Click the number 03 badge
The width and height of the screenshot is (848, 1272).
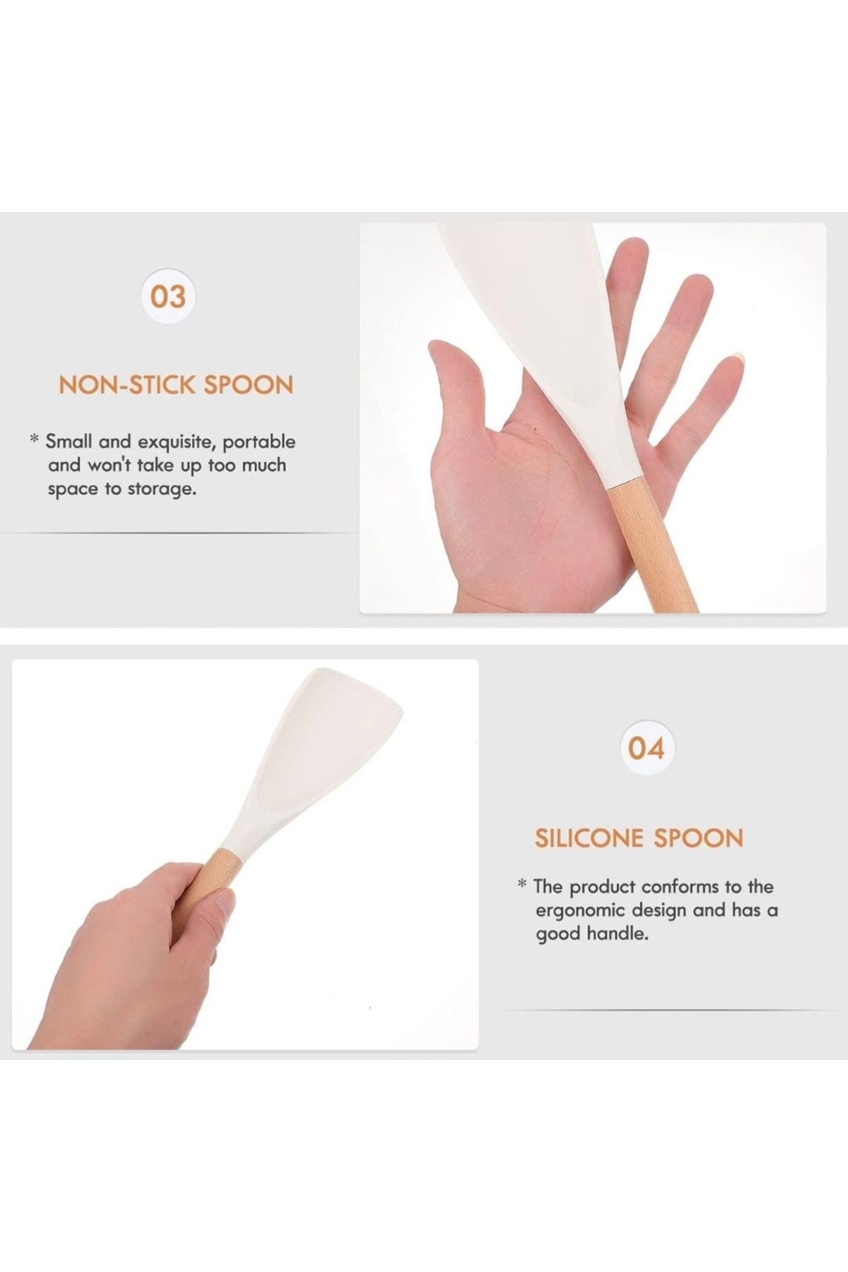(168, 296)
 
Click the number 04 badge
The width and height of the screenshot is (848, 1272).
(647, 748)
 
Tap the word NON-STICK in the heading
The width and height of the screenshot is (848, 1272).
(126, 385)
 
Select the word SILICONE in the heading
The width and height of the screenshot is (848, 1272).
(589, 838)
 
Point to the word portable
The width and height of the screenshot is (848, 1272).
(261, 442)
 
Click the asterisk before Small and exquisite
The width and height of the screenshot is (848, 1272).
(33, 440)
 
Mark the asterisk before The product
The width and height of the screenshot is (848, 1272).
(522, 884)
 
